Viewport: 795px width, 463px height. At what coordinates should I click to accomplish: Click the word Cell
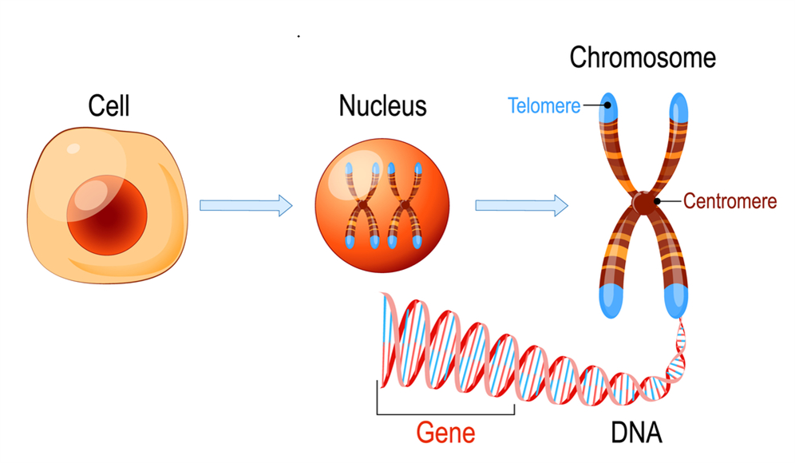[109, 106]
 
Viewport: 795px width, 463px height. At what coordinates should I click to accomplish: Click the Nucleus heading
[382, 106]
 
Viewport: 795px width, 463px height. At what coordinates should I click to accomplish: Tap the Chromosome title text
[643, 58]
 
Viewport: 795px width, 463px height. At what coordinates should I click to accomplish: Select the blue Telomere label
[544, 105]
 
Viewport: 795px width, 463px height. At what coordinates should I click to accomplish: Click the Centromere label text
[730, 201]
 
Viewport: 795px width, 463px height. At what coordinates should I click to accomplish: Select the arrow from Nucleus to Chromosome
[521, 206]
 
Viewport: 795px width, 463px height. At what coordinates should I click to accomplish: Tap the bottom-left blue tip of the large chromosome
[609, 298]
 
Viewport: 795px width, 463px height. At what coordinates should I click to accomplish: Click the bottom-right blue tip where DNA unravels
[678, 298]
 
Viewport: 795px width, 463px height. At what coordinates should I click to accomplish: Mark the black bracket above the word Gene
[445, 413]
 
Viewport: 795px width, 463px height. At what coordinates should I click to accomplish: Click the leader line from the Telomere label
[594, 105]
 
